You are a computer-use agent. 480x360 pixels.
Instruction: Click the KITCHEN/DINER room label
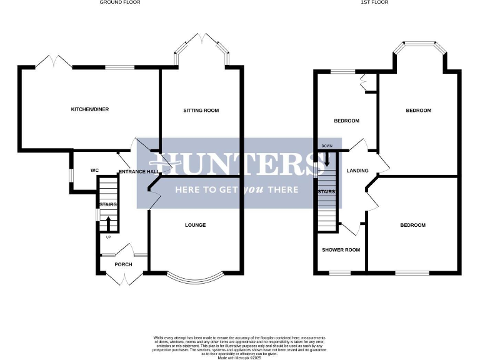[89, 109]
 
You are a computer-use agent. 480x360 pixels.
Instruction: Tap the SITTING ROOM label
[201, 110]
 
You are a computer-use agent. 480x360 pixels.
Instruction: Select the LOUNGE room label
[195, 225]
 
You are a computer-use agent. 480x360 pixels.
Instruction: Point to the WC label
[95, 170]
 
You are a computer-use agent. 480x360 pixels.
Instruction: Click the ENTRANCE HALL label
[137, 171]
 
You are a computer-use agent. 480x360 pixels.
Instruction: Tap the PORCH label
[123, 264]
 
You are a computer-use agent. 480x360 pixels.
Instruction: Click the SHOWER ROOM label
[341, 250]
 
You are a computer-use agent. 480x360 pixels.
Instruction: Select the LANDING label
[357, 171]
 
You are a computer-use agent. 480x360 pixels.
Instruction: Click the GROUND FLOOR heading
[120, 2]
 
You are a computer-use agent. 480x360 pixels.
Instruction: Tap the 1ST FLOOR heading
[375, 2]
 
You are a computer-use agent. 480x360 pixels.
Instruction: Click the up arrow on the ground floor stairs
[107, 223]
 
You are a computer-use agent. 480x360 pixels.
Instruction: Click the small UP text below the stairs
[107, 237]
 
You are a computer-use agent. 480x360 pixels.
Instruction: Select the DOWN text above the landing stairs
[326, 146]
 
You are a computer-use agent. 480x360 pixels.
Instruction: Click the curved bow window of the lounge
[194, 277]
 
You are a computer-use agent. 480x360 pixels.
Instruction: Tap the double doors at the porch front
[123, 278]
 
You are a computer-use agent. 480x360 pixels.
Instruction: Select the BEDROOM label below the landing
[412, 225]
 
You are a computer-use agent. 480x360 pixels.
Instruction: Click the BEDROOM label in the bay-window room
[418, 111]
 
